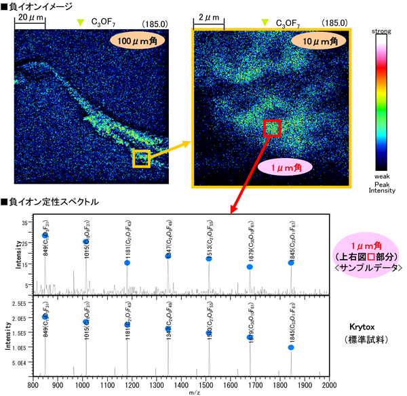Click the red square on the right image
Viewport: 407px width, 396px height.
[x=272, y=127]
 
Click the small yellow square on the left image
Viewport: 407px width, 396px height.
[x=140, y=159]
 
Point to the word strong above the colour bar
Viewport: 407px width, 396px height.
[x=383, y=32]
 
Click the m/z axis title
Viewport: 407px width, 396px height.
[x=181, y=391]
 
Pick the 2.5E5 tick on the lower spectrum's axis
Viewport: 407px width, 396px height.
[x=19, y=304]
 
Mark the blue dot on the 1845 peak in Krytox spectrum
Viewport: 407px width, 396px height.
[x=291, y=347]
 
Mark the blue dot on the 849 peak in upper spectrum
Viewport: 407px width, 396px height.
[x=45, y=236]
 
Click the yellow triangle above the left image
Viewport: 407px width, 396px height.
[x=81, y=23]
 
